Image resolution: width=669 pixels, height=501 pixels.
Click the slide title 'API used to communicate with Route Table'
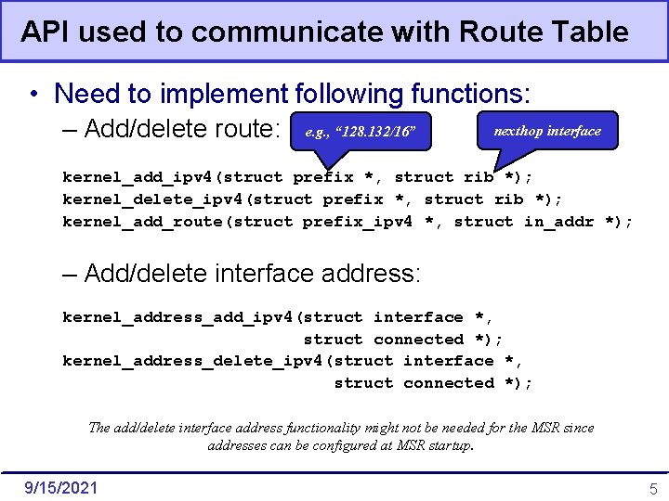324,32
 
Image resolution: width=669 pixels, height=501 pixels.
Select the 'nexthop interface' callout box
546,131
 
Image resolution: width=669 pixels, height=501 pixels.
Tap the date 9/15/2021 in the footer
59,487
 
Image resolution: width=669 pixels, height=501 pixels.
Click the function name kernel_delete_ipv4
152,199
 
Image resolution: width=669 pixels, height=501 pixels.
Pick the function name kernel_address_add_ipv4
177,317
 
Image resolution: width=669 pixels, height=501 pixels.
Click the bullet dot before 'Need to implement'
33,95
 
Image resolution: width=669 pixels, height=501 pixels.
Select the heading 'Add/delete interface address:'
252,274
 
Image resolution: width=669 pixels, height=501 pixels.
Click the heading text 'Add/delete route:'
182,130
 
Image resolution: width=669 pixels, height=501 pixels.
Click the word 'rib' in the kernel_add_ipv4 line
479,177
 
